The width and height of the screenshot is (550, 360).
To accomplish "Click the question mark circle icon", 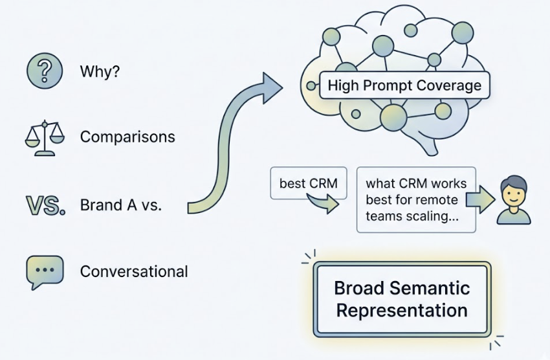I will tap(44, 71).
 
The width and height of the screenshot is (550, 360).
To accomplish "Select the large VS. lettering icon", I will tap(45, 205).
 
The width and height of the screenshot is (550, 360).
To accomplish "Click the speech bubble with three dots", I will tap(45, 271).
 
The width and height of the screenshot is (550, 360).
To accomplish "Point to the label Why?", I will tap(100, 71).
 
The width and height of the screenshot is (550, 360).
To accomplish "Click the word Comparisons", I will tap(127, 137).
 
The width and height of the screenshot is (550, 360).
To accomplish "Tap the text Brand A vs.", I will tap(121, 205).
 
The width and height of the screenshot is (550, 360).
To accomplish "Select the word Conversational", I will tap(134, 271).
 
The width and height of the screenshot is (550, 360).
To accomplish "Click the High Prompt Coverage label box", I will tap(404, 85).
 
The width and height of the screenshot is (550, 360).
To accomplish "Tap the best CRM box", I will tap(308, 183).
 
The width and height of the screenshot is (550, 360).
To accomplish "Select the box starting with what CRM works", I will tap(416, 200).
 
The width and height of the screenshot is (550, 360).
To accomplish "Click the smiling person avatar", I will tap(513, 200).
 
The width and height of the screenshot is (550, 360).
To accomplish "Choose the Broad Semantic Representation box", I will tap(402, 298).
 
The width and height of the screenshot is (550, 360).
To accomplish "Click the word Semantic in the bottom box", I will tap(432, 287).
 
